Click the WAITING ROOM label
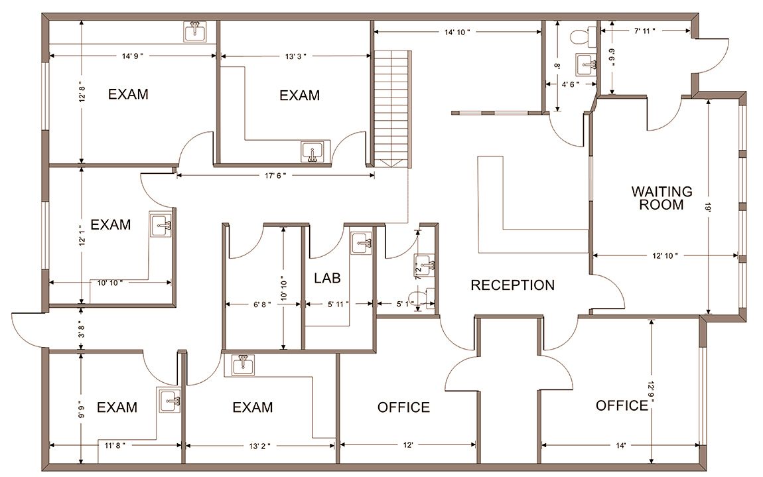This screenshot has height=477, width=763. (x=661, y=198)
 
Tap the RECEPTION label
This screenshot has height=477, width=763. (x=512, y=285)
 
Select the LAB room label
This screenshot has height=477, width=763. (x=327, y=279)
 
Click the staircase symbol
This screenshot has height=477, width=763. (x=393, y=109)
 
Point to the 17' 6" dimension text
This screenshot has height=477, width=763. (x=275, y=176)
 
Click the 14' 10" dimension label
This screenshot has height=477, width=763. (x=457, y=33)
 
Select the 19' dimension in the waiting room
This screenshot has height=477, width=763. (x=707, y=208)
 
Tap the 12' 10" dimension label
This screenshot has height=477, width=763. (x=665, y=255)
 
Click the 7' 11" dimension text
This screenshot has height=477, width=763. (x=644, y=31)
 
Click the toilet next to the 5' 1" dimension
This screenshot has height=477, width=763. (x=421, y=298)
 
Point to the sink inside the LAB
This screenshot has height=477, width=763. (x=362, y=242)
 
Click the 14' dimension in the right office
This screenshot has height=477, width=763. (x=620, y=445)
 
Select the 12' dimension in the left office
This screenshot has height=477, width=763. (x=408, y=445)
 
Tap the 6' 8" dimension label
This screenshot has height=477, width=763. (x=262, y=305)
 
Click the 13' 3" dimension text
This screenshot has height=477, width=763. (x=295, y=56)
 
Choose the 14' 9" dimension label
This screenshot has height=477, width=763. (x=132, y=56)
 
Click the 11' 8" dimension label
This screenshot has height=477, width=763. (x=115, y=445)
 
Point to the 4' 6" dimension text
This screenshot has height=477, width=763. (x=571, y=84)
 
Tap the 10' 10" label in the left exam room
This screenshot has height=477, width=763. (x=109, y=283)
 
